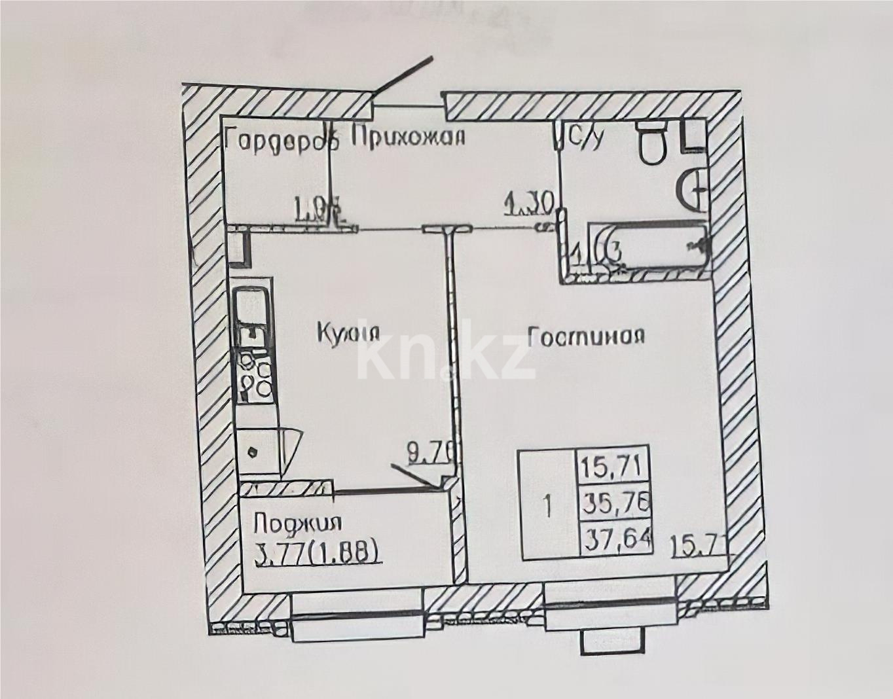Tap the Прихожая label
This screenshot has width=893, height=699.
(x=408, y=137)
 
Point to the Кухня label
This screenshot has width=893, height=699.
(x=348, y=332)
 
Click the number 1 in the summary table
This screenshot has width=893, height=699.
(x=549, y=505)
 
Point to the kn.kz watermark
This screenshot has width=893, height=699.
(x=445, y=357)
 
